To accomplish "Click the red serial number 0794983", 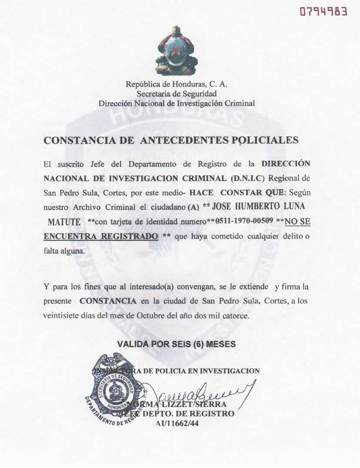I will (x=323, y=11).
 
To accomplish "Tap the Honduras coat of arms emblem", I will (x=176, y=51).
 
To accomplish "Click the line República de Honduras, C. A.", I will (x=176, y=84).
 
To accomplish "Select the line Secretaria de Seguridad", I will (x=176, y=94).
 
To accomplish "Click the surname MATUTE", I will (x=64, y=222).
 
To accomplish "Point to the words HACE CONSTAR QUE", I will (x=236, y=193).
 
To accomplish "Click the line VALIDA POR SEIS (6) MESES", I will (x=176, y=344).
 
